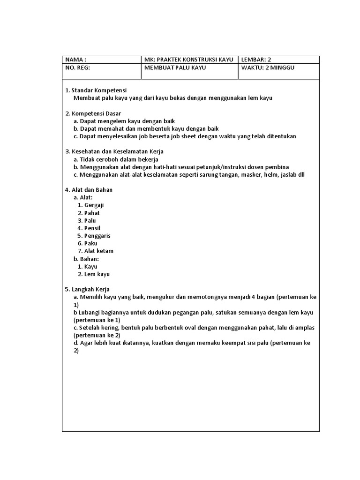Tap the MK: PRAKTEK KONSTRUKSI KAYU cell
pyautogui.click(x=190, y=60)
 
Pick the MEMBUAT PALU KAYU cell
pyautogui.click(x=190, y=71)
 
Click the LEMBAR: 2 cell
pyautogui.click(x=279, y=60)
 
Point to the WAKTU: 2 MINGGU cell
pyautogui.click(x=279, y=71)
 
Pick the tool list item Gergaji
pyautogui.click(x=94, y=205)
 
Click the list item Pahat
pyautogui.click(x=92, y=213)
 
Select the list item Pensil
pyautogui.click(x=92, y=228)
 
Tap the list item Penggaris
pyautogui.click(x=97, y=236)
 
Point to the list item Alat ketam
pyautogui.click(x=99, y=251)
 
